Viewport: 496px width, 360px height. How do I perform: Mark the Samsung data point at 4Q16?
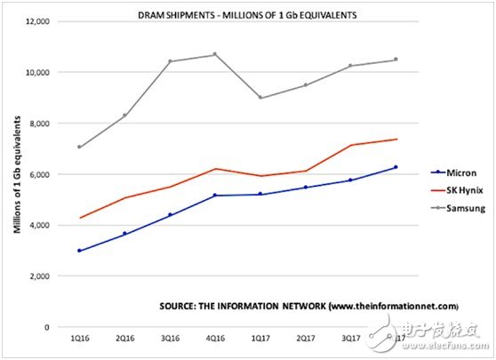point(214,54)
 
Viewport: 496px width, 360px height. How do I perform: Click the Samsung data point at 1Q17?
point(260,98)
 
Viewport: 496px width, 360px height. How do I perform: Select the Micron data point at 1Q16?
point(80,251)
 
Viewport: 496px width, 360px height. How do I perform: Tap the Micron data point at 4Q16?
point(214,196)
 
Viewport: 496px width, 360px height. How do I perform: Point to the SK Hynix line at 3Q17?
point(350,145)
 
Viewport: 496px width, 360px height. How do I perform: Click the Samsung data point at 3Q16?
point(170,61)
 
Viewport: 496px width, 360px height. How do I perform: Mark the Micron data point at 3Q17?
point(350,180)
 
